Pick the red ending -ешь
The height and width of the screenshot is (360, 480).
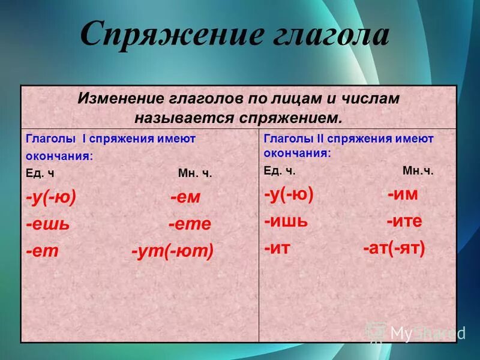[x=48, y=224]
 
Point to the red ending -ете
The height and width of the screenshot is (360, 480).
[x=190, y=224]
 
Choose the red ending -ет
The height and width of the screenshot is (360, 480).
[x=42, y=251]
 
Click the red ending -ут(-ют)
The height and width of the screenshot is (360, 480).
[x=172, y=251]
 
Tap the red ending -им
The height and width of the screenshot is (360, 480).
[x=402, y=195]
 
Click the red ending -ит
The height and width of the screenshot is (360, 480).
[x=277, y=248]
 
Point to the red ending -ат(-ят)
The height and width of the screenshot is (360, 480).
[x=394, y=248]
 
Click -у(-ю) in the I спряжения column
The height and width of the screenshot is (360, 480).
[x=51, y=198]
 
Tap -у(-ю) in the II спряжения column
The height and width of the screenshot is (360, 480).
[x=289, y=195]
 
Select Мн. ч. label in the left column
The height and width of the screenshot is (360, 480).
[x=195, y=174]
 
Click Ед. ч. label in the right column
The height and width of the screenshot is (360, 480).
[x=280, y=171]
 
